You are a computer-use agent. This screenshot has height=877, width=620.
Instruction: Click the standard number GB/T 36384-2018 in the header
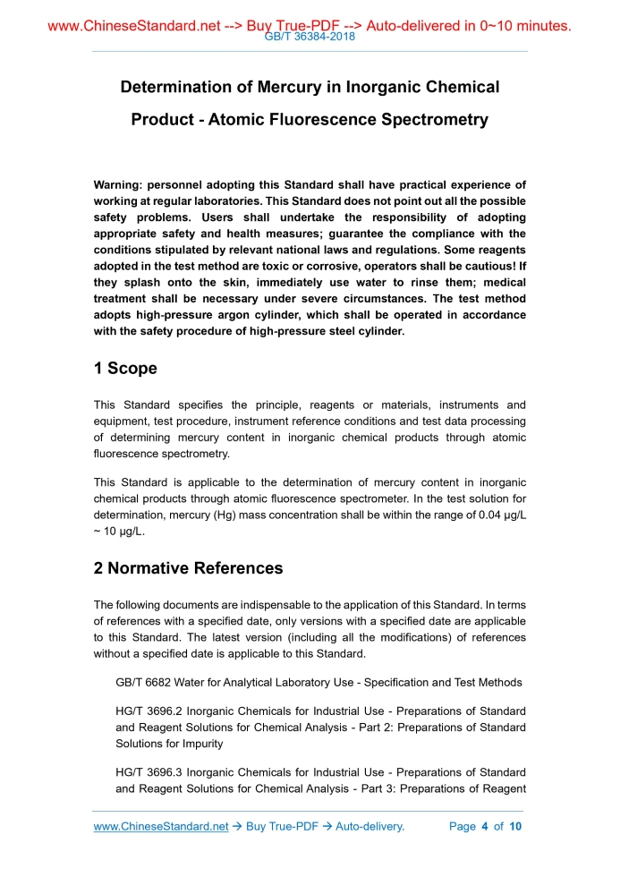click(x=310, y=37)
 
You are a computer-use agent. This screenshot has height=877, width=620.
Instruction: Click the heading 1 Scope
click(x=125, y=369)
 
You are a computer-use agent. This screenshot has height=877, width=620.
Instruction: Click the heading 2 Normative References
click(x=188, y=568)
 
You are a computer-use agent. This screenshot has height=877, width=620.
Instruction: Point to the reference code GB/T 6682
click(x=144, y=683)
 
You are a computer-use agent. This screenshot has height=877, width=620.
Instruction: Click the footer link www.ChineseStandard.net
click(x=161, y=826)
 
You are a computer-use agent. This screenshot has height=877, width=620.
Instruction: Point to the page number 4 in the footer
click(x=484, y=826)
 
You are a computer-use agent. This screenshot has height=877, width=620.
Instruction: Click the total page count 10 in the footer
click(x=514, y=826)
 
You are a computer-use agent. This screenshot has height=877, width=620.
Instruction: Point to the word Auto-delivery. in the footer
click(x=370, y=826)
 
